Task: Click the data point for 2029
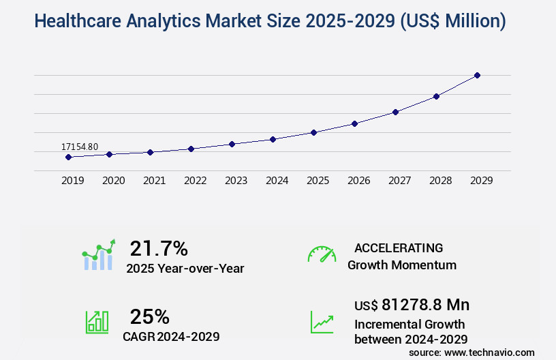coord(477,75)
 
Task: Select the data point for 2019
coord(68,157)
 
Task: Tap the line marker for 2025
coord(313,132)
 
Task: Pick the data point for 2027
coord(395,112)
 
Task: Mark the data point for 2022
coord(191,149)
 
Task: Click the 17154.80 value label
coord(80,147)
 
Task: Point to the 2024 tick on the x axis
coord(277,181)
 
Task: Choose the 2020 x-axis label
coord(113,181)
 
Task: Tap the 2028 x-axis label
coord(440,181)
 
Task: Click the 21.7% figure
coord(159,248)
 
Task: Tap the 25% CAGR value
coord(150,316)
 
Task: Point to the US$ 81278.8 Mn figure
coord(412,305)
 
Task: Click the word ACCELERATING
coord(399,248)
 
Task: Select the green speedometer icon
coord(322,254)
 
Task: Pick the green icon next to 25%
coord(97,322)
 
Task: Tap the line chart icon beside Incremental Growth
coord(322,322)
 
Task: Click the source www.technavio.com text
coord(472,352)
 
